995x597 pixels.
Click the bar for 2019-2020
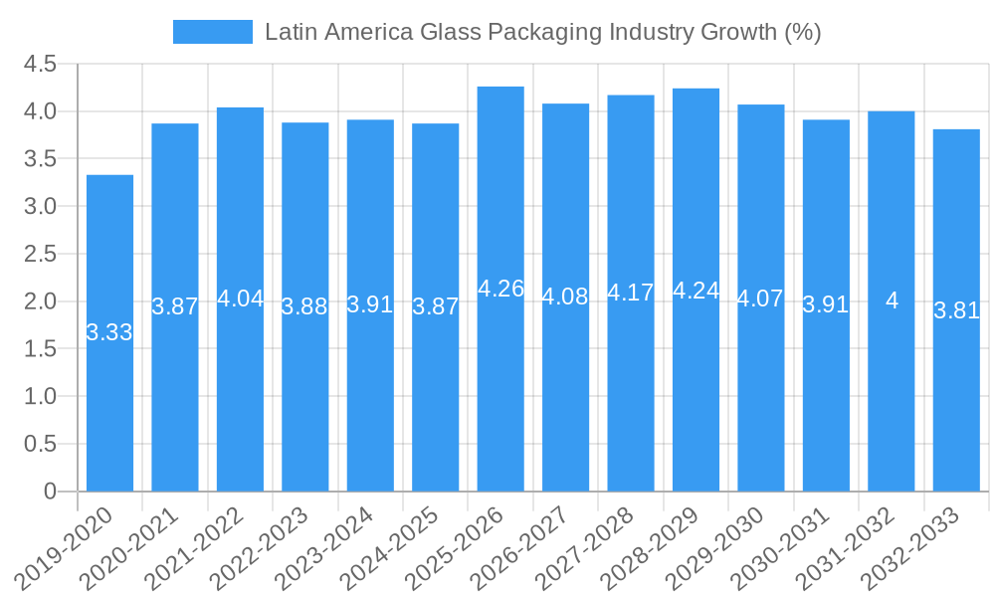point(109,333)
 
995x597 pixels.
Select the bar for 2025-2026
point(500,289)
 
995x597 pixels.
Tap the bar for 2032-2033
point(956,310)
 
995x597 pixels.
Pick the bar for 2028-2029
point(696,290)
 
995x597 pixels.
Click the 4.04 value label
point(240,298)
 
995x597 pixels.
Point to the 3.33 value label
point(109,333)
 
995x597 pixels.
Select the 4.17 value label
point(631,293)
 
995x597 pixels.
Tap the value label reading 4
point(892,300)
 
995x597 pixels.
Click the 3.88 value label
point(304,306)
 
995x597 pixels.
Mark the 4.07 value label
point(760,298)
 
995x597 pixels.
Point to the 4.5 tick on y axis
point(40,64)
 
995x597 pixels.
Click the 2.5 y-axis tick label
point(40,254)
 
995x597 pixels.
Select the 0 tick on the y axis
point(50,492)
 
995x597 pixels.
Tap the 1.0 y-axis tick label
point(40,396)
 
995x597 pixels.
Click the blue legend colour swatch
point(212,32)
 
